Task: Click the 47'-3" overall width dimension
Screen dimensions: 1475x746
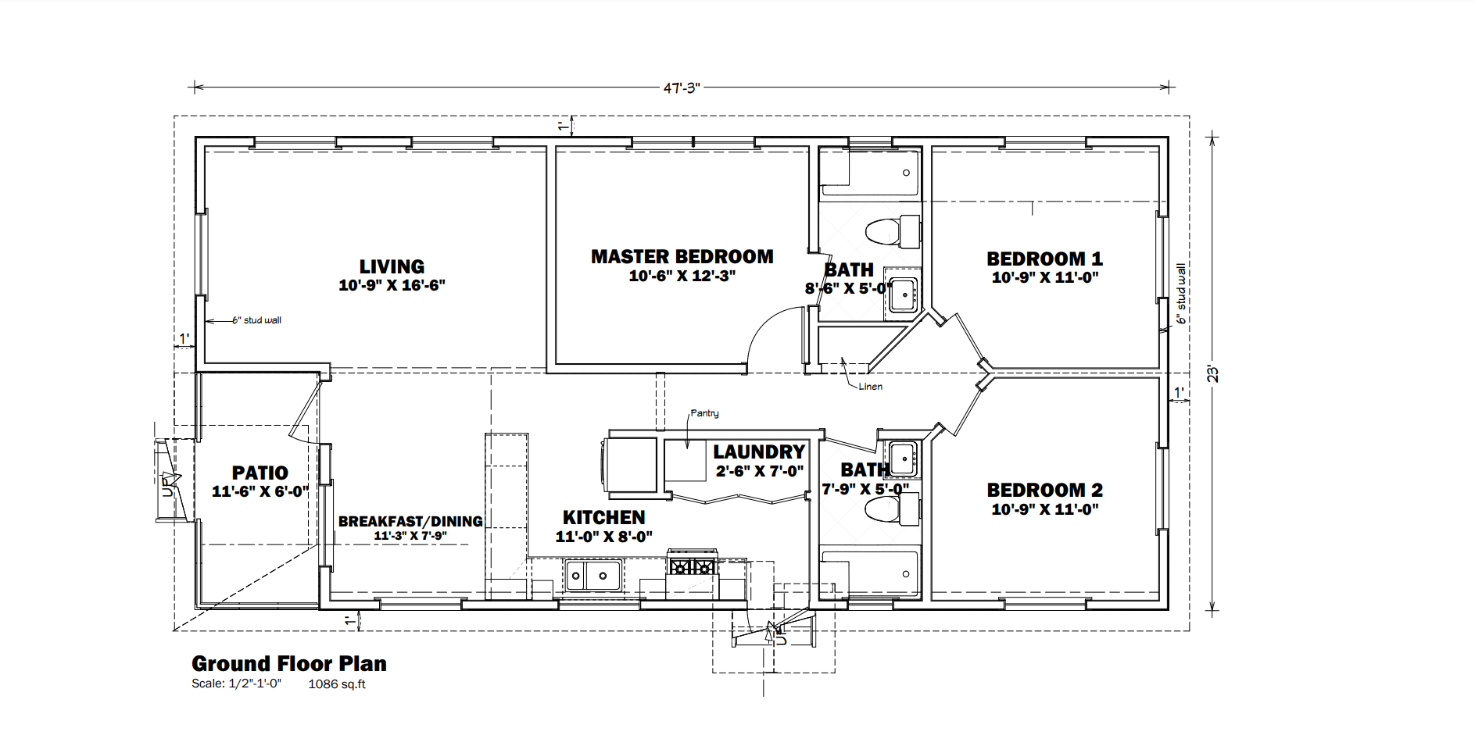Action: (681, 88)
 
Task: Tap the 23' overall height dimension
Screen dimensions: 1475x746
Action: (1212, 374)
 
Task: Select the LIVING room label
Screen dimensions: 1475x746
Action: (392, 266)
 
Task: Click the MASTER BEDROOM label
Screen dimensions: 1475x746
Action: (682, 256)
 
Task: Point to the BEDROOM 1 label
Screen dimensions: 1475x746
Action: (1044, 259)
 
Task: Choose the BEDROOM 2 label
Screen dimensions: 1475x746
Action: (1044, 490)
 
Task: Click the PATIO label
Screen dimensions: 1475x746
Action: (260, 473)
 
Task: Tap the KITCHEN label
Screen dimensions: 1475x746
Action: (603, 517)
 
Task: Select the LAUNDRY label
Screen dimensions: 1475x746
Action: (758, 452)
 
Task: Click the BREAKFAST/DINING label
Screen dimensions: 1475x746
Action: (410, 521)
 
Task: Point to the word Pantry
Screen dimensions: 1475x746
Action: (704, 413)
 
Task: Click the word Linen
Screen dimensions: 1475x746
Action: (870, 387)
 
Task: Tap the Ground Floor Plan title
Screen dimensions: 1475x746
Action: (289, 663)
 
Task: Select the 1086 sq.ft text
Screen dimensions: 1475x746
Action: (337, 684)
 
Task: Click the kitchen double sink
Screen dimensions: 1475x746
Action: (593, 576)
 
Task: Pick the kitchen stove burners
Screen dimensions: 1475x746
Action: (692, 563)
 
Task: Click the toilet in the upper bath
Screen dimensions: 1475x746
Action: (892, 231)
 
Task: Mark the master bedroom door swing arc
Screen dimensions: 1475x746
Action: (762, 328)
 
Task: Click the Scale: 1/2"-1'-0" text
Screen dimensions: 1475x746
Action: (236, 684)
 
